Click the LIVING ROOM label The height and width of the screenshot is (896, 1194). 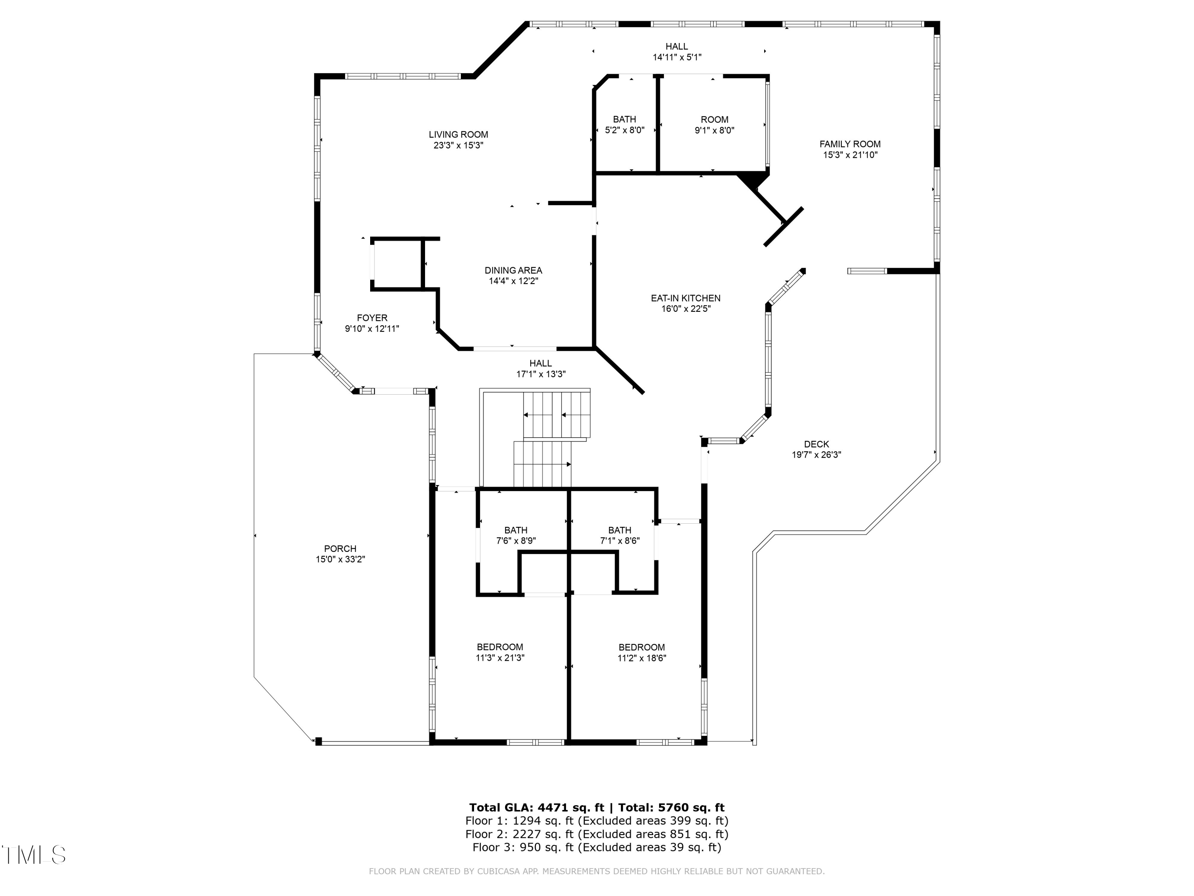click(x=458, y=135)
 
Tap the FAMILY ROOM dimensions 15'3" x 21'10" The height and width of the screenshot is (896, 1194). click(x=850, y=155)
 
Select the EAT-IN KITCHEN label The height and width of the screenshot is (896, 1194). click(x=685, y=298)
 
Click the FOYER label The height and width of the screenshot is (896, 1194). click(x=372, y=318)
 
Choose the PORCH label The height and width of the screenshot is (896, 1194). click(x=340, y=549)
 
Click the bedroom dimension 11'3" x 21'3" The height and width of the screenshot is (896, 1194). click(x=500, y=658)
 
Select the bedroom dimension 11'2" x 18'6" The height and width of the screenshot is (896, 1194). click(x=642, y=658)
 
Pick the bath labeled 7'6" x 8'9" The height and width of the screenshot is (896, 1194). click(x=515, y=536)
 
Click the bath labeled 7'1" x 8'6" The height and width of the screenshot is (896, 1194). click(x=620, y=536)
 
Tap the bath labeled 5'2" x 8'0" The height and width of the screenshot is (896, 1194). click(x=624, y=125)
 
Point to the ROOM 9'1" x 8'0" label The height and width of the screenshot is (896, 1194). click(x=714, y=125)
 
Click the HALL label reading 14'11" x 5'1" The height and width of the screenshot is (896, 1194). click(x=676, y=52)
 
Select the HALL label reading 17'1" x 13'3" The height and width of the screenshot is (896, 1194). click(x=540, y=369)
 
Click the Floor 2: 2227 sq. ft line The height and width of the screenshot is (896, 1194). click(x=597, y=834)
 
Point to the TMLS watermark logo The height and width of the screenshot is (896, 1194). click(x=33, y=855)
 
